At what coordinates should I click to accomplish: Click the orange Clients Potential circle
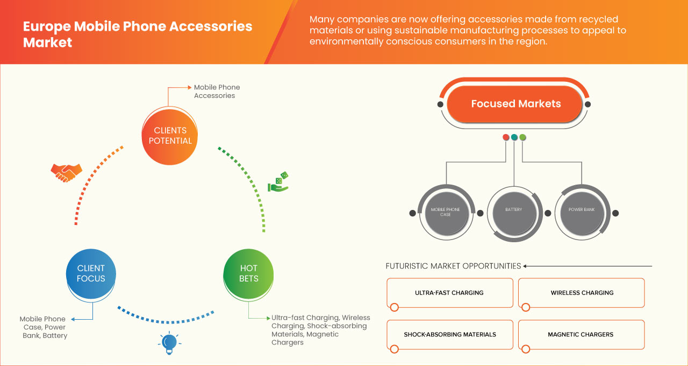pos(170,136)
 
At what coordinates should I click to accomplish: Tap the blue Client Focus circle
pos(91,273)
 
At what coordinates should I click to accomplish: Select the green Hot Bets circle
pos(248,273)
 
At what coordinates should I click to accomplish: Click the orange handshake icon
pos(66,172)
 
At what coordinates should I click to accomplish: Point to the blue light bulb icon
pos(169,343)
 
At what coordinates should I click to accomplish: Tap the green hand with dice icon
pos(278,182)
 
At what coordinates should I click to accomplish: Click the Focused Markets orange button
pos(515,104)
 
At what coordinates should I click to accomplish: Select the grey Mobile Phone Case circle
pos(445,212)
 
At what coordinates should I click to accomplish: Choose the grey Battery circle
pos(513,210)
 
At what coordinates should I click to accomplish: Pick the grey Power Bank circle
pos(581,210)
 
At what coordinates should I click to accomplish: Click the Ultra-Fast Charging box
pos(449,293)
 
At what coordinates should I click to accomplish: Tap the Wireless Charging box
pos(582,293)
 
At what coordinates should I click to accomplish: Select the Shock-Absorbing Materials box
pos(449,334)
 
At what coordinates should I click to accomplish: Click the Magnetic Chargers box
pos(582,334)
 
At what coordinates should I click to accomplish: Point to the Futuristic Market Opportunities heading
pos(453,266)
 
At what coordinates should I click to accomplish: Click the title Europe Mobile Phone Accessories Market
pos(137,34)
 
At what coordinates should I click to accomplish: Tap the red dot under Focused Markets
pos(506,138)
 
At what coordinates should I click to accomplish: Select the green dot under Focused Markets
pos(523,138)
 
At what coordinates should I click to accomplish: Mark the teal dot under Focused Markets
pos(514,138)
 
